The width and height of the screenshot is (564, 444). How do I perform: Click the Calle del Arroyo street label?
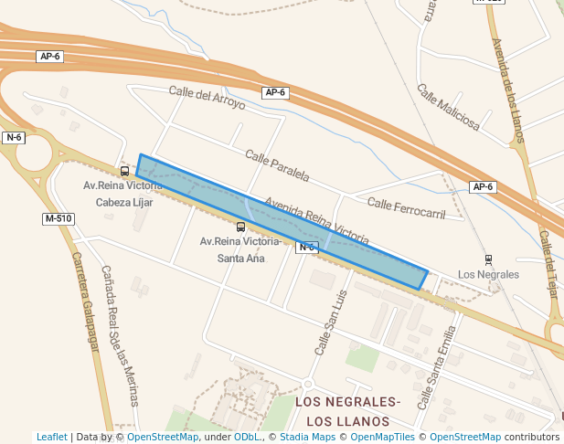(207, 96)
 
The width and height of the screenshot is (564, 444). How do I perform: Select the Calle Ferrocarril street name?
(405, 207)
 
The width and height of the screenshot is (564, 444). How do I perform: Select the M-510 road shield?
(58, 219)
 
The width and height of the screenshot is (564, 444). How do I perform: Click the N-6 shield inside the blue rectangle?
(306, 247)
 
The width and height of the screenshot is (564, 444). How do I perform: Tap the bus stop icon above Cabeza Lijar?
(124, 171)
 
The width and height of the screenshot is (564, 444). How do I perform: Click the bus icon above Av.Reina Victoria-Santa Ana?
(240, 227)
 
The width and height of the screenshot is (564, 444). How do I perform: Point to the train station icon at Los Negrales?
(488, 259)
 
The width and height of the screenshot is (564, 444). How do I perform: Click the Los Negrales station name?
(488, 274)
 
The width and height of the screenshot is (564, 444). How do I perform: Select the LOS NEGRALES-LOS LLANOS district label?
(348, 411)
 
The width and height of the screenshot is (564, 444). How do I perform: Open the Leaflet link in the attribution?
(52, 437)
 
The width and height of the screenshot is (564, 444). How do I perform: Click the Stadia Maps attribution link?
(307, 437)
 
